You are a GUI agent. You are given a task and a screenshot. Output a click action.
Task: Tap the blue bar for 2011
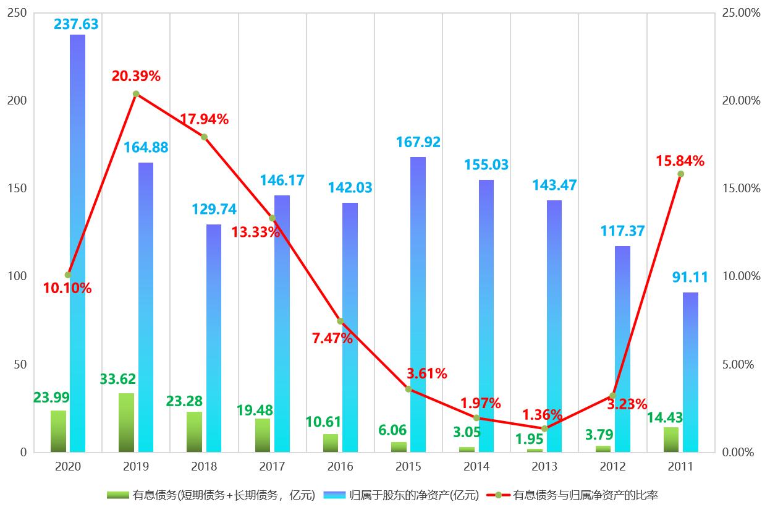pyautogui.click(x=690, y=372)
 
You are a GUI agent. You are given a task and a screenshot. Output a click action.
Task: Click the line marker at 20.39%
pyautogui.click(x=136, y=94)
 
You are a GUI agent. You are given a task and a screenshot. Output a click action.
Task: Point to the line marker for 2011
pyautogui.click(x=680, y=174)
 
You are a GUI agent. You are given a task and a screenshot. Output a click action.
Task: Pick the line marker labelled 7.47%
pyautogui.click(x=341, y=321)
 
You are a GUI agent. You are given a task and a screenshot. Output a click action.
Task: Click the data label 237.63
pyautogui.click(x=76, y=24)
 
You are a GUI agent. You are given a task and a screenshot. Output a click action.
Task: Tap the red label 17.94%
pyautogui.click(x=204, y=119)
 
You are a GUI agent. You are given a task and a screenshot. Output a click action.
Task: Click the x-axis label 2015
pyautogui.click(x=408, y=466)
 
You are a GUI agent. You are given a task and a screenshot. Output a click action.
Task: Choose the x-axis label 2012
pyautogui.click(x=612, y=466)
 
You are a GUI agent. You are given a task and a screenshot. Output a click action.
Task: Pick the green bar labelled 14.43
pyautogui.click(x=671, y=440)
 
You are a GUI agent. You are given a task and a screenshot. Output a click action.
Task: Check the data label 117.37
pyautogui.click(x=622, y=231)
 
